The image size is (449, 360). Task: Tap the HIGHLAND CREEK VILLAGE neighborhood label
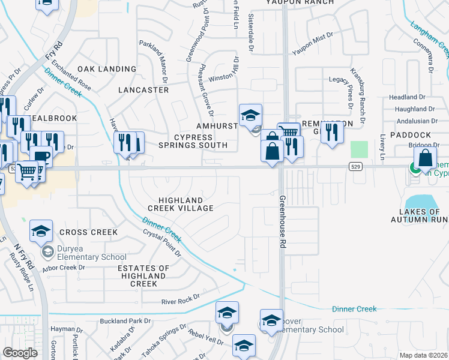click(x=185, y=204)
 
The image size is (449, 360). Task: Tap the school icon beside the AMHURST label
click(x=250, y=115)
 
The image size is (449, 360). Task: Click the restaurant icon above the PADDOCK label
click(x=331, y=132)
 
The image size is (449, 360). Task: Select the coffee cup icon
click(x=41, y=157)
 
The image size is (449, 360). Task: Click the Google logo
click(x=20, y=353)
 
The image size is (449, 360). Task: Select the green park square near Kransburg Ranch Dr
click(x=359, y=149)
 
